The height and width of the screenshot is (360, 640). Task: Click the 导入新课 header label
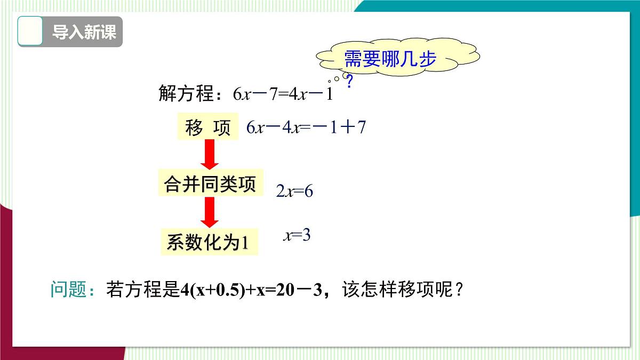click(84, 32)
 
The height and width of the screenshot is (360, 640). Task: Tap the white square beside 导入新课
click(30, 31)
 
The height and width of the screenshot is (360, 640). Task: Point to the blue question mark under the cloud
click(350, 82)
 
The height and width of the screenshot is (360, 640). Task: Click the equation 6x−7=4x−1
click(283, 94)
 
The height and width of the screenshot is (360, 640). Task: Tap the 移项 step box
click(208, 128)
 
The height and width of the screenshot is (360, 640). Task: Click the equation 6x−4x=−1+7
click(306, 127)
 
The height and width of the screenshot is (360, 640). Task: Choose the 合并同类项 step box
click(210, 183)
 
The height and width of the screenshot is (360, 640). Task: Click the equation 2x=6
click(294, 191)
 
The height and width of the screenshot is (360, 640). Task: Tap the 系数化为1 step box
click(209, 242)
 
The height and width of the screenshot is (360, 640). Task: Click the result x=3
click(297, 235)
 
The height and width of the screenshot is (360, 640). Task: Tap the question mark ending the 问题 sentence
click(457, 290)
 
